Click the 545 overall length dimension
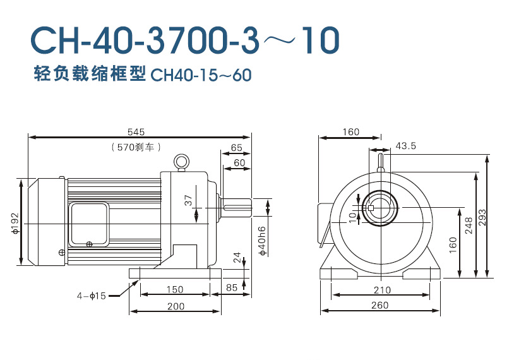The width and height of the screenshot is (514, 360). pos(136,132)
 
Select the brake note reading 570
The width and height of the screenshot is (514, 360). pos(136,147)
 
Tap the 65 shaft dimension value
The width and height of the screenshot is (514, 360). pos(236,148)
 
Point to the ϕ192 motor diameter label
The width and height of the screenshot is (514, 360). pos(15,224)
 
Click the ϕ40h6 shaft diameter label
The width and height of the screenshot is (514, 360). pos(262,241)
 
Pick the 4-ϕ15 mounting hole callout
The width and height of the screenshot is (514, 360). pos(92,296)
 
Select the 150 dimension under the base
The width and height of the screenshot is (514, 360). pos(175,289)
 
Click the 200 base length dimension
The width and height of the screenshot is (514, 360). pos(176,306)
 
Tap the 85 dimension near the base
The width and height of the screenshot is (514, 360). pos(232,287)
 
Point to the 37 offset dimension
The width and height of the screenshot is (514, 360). pos(188,200)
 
